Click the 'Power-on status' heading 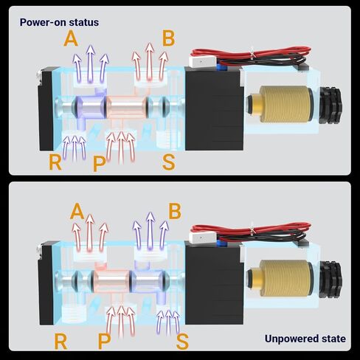click(x=59, y=22)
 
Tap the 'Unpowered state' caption click(x=305, y=339)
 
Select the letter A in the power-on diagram click(x=71, y=39)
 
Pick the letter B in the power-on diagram click(x=169, y=38)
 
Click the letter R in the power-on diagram click(x=55, y=162)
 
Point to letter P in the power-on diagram click(x=100, y=164)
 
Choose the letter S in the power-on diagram click(x=169, y=162)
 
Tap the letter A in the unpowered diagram click(x=77, y=211)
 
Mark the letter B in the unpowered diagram click(x=175, y=211)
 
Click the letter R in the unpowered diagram click(x=60, y=342)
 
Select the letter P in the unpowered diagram click(x=104, y=342)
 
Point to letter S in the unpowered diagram click(x=182, y=342)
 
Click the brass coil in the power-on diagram click(x=285, y=105)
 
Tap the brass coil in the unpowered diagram click(x=285, y=279)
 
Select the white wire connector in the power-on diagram click(x=201, y=62)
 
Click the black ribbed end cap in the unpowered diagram click(x=331, y=280)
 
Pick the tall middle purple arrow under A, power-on click(x=91, y=63)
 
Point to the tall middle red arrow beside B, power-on click(x=150, y=61)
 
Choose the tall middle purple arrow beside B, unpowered click(x=150, y=231)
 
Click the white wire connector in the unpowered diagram click(x=201, y=238)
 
